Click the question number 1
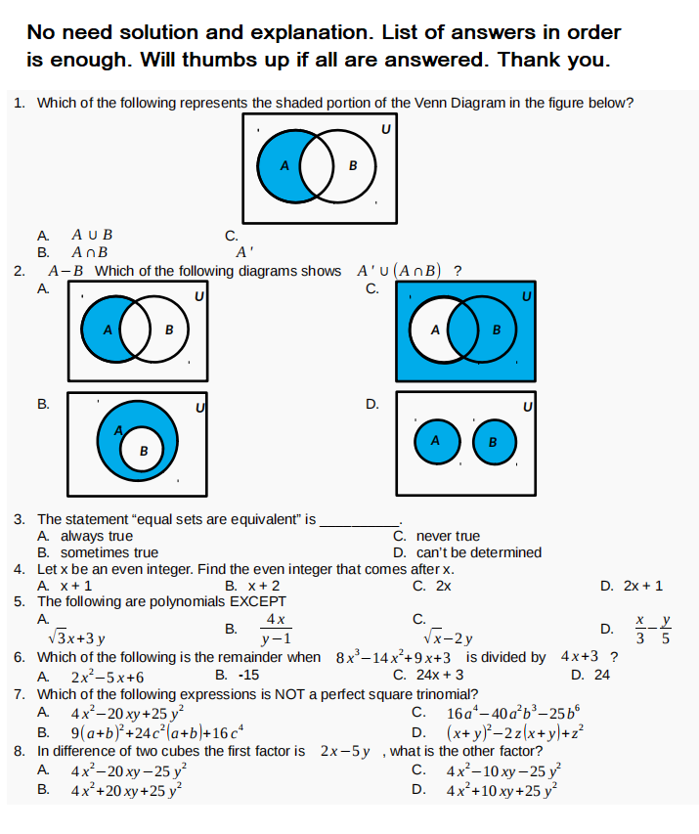20,103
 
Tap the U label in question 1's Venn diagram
385,127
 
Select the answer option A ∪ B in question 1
93,235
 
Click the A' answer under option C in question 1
245,252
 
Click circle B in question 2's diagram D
493,442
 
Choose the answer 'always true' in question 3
97,536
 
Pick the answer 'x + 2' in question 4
259,586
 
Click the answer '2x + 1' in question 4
643,586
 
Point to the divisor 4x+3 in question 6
580,657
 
